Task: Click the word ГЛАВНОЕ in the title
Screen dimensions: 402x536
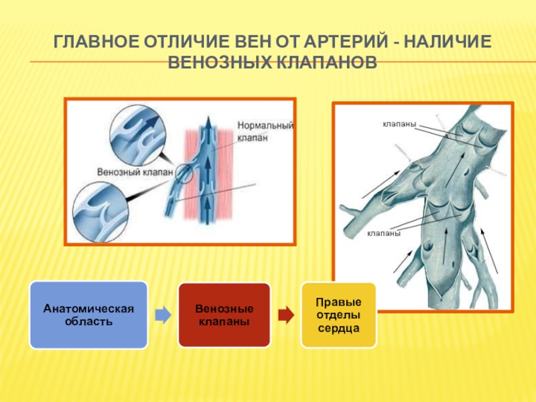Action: coord(94,43)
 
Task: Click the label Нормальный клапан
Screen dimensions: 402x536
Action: coord(265,131)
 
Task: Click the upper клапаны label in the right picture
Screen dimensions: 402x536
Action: coord(400,125)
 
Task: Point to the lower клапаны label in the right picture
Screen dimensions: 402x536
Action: coord(383,234)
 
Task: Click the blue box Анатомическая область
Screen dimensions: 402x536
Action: coord(88,315)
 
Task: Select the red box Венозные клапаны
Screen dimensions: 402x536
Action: coord(224,315)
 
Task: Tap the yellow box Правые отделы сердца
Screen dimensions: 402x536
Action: coord(339,315)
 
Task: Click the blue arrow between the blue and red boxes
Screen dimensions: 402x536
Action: coord(163,315)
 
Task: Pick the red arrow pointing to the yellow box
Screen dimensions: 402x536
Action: coord(285,315)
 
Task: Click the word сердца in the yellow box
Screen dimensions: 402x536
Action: coord(339,330)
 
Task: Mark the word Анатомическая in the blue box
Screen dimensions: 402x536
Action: coord(88,309)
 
